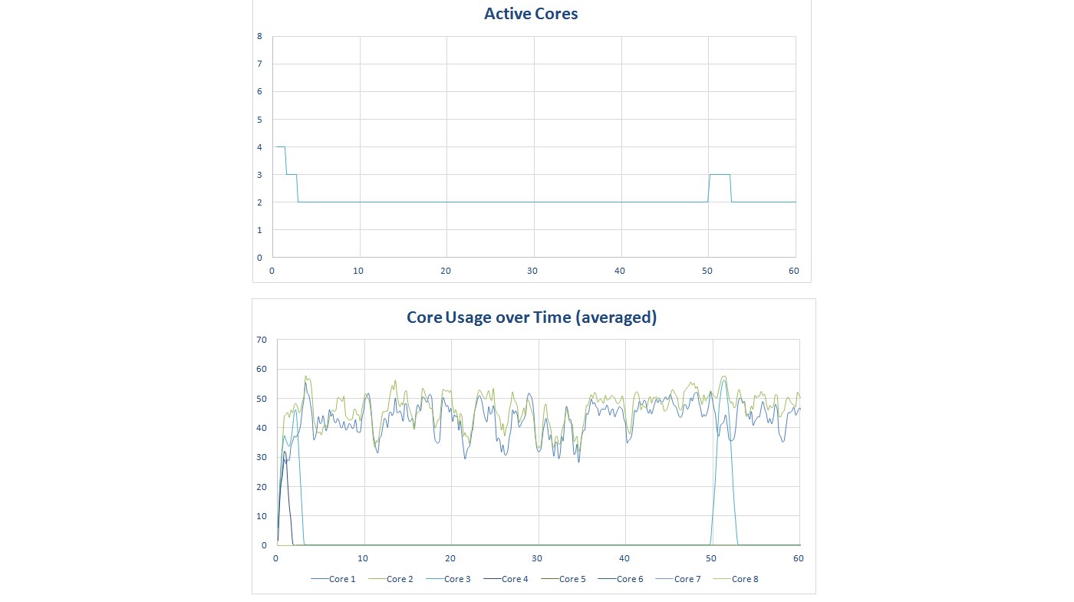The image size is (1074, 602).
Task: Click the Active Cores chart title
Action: (x=531, y=14)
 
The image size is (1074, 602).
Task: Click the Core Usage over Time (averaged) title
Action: (x=532, y=317)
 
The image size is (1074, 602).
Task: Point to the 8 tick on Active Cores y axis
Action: (x=259, y=36)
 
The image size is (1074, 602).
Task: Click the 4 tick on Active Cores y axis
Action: (x=259, y=147)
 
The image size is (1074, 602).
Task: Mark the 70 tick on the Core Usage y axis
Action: (x=262, y=340)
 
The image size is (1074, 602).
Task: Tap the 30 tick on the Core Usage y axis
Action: (x=262, y=458)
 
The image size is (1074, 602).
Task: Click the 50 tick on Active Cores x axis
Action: (x=707, y=271)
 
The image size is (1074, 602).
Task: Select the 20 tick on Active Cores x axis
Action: (x=446, y=271)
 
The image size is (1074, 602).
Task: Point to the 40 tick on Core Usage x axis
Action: (x=624, y=558)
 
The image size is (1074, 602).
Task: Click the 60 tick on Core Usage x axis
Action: (x=799, y=558)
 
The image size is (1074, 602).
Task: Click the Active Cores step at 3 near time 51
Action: (x=720, y=175)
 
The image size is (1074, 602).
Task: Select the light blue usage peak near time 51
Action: (x=723, y=382)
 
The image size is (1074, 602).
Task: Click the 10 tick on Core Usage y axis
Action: (x=262, y=516)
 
